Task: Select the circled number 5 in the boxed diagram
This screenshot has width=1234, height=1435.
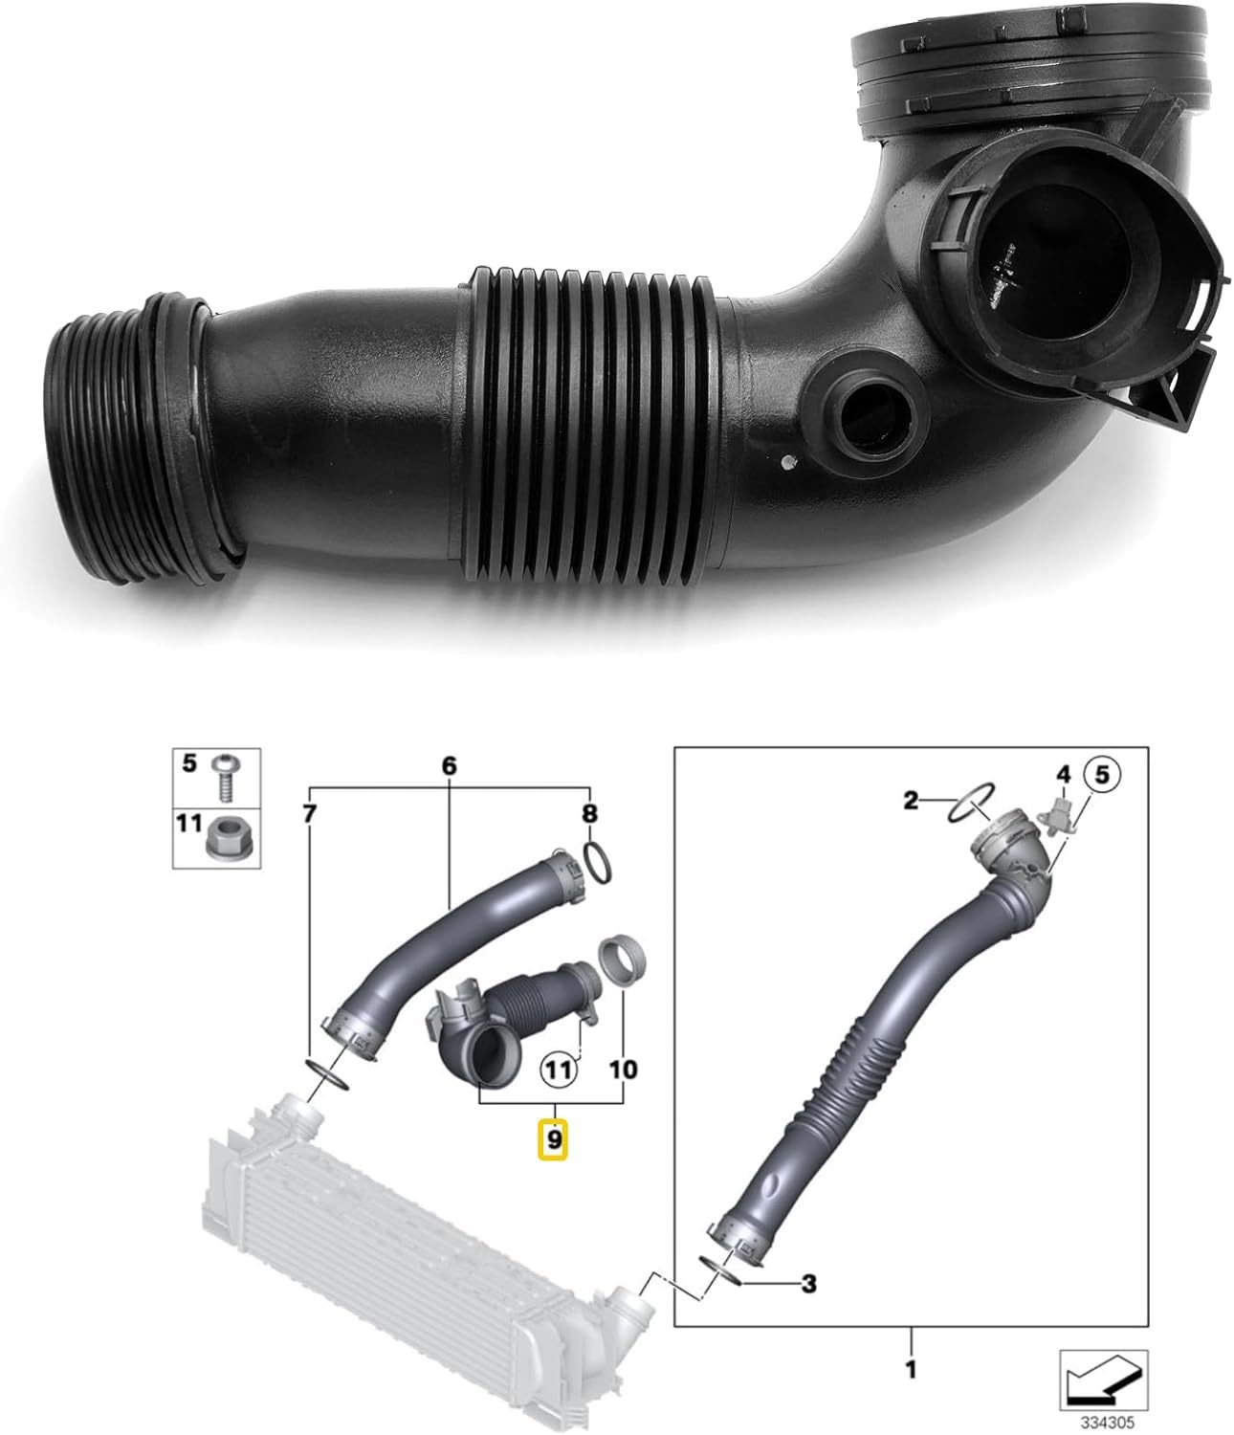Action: point(1101,775)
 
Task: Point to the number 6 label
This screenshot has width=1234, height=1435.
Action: point(450,766)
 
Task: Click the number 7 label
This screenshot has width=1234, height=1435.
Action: point(308,814)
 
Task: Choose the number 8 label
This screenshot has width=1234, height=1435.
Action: point(590,814)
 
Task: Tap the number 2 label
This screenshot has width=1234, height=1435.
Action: point(911,799)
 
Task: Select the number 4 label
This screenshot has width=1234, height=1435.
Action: point(1062,772)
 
